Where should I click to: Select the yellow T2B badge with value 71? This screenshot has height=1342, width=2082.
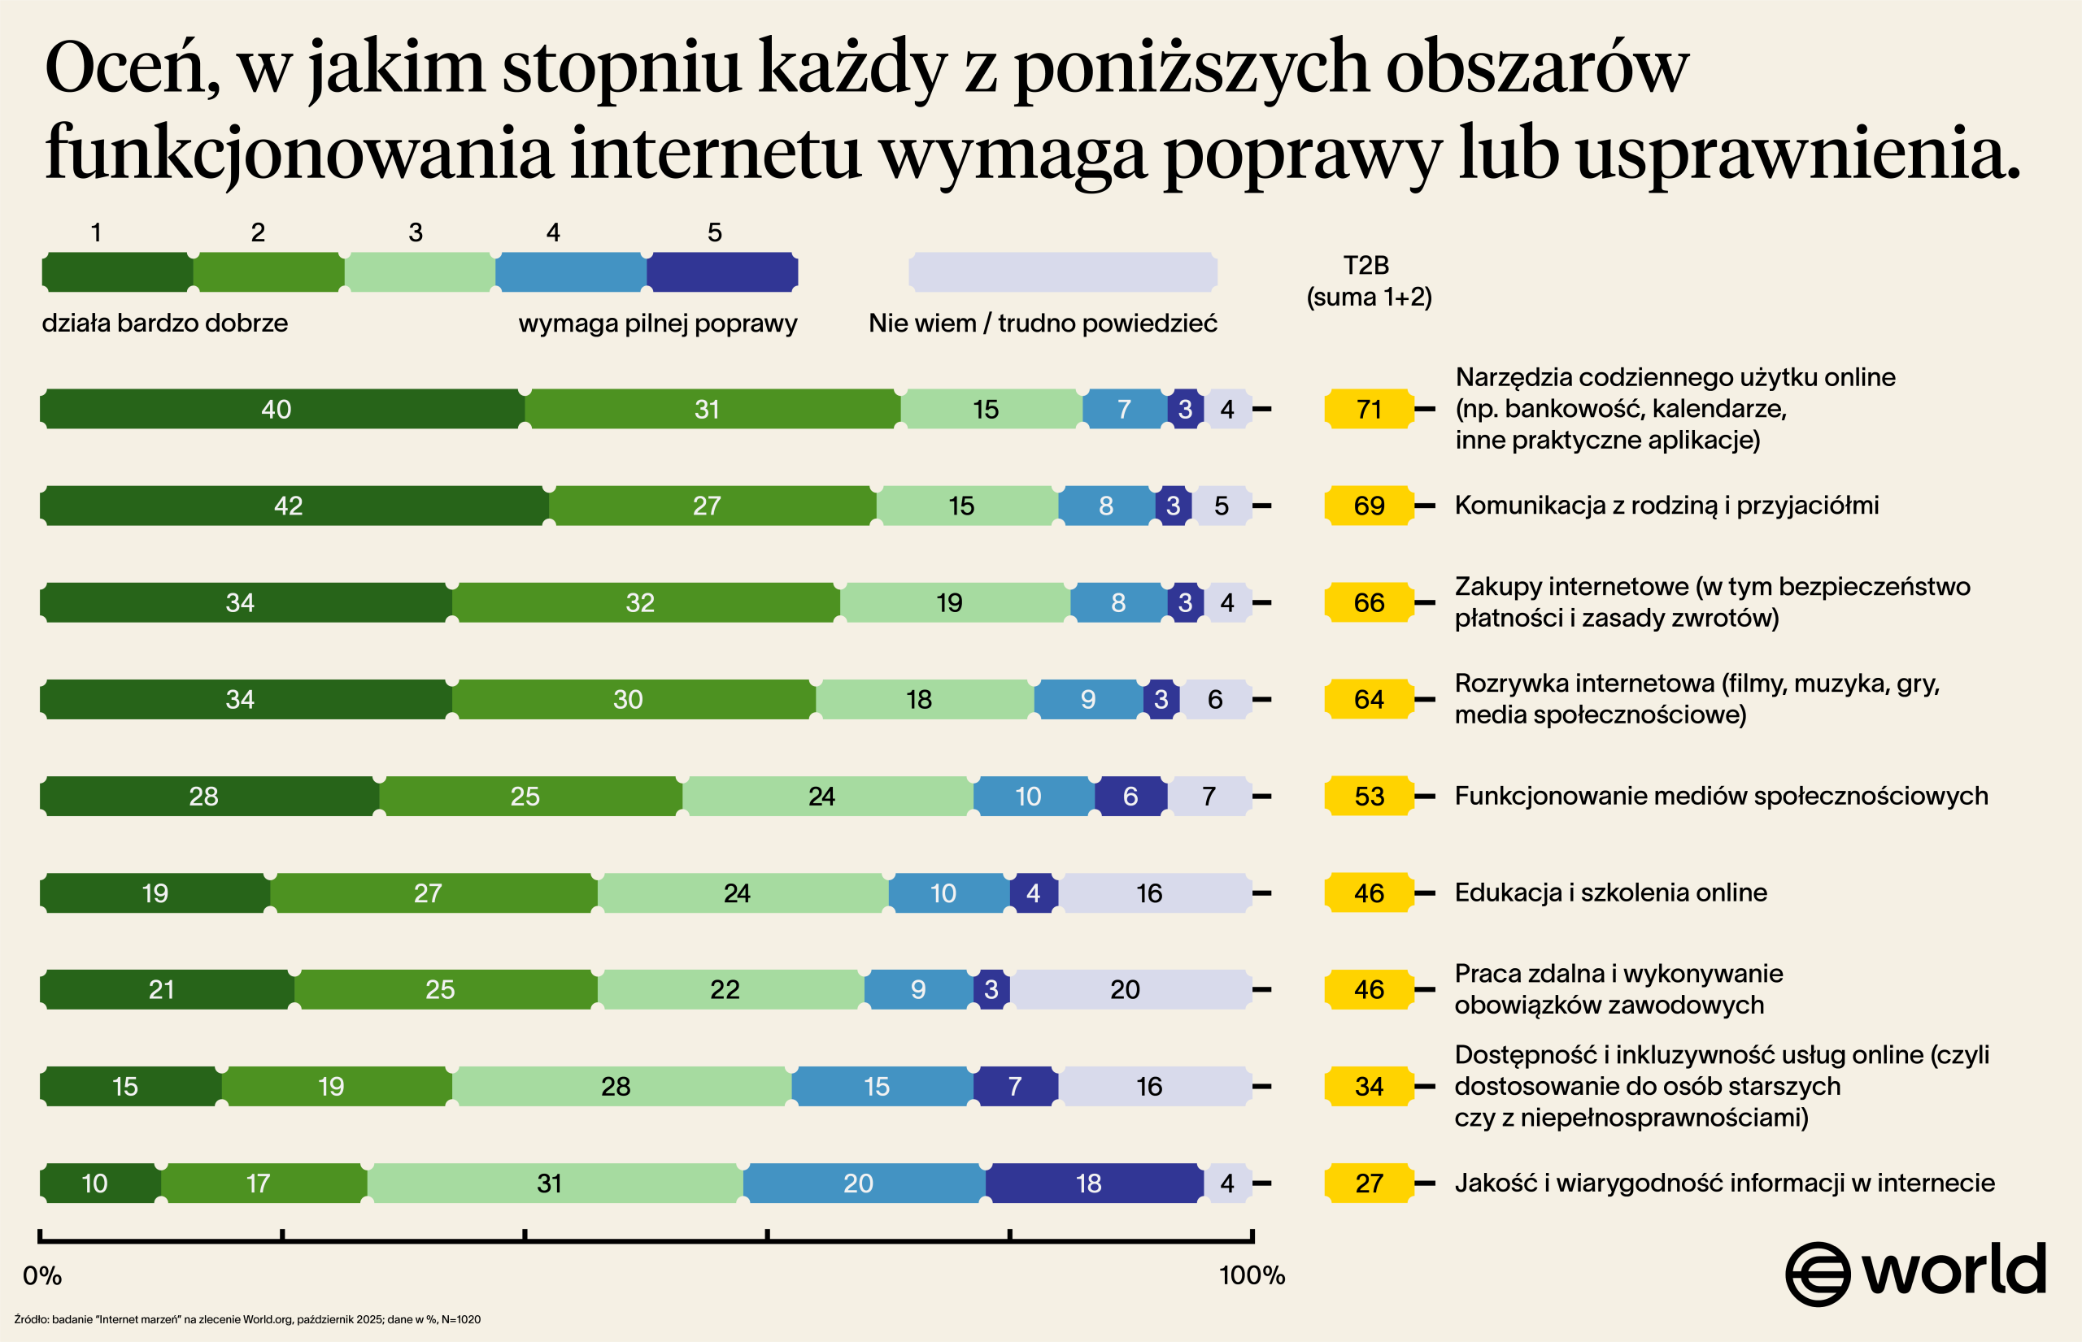pyautogui.click(x=1368, y=409)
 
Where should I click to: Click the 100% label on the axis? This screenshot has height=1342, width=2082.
pyautogui.click(x=1251, y=1276)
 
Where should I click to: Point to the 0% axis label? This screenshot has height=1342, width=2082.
pyautogui.click(x=41, y=1276)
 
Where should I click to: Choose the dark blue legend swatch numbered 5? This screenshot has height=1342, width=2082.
pyautogui.click(x=721, y=271)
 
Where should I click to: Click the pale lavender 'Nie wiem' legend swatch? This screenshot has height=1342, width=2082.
pyautogui.click(x=1062, y=271)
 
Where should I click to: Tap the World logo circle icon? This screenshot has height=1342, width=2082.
pyautogui.click(x=1817, y=1274)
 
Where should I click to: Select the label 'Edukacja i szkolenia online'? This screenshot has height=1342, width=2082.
pyautogui.click(x=1610, y=892)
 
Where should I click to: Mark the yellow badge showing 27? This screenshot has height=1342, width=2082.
pyautogui.click(x=1368, y=1183)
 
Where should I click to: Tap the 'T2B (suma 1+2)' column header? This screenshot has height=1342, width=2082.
pyautogui.click(x=1368, y=280)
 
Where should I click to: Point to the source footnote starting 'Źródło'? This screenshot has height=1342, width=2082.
pyautogui.click(x=246, y=1319)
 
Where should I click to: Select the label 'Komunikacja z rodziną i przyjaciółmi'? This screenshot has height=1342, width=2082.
pyautogui.click(x=1666, y=506)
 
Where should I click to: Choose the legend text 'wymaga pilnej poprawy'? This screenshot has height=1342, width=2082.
pyautogui.click(x=657, y=324)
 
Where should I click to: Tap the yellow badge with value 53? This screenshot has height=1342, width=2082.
pyautogui.click(x=1368, y=796)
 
